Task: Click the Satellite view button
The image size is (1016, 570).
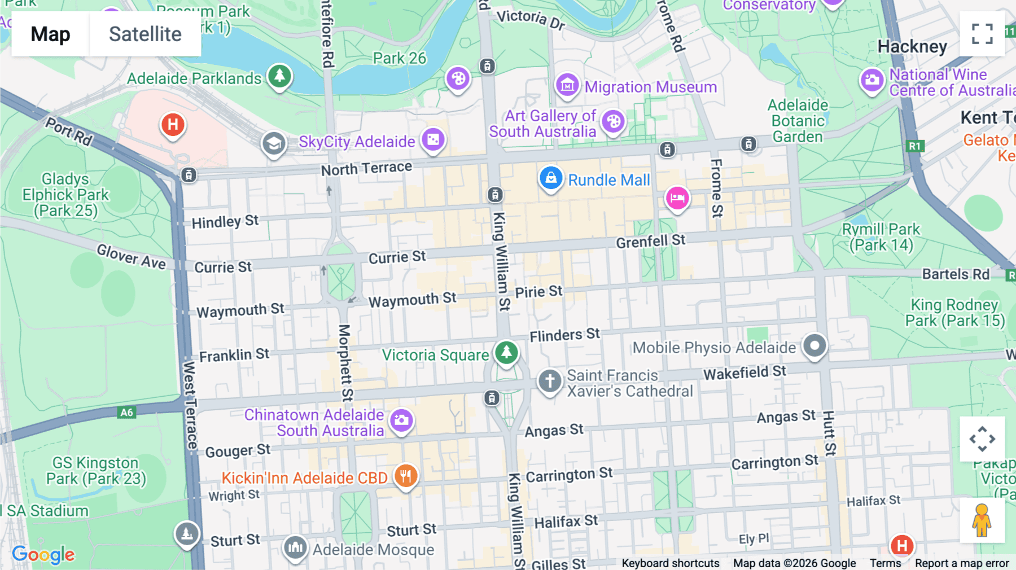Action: [x=145, y=34]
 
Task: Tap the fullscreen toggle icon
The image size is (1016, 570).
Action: [x=982, y=34]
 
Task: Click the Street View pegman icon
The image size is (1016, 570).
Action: [x=982, y=520]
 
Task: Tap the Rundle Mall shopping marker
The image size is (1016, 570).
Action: [x=551, y=178]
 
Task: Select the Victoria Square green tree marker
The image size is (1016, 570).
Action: [x=506, y=353]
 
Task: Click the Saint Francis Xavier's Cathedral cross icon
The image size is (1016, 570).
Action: [x=549, y=381]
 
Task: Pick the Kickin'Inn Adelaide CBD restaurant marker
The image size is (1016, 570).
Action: [x=405, y=476]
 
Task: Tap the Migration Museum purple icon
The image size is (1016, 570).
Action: [x=567, y=86]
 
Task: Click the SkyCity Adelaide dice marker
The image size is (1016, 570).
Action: [x=433, y=139]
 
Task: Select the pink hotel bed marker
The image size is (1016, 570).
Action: [x=677, y=198]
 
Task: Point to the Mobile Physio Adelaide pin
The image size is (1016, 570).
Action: [x=814, y=345]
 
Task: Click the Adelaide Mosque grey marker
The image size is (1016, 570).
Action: [x=295, y=547]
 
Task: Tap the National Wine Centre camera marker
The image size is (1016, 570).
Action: [x=872, y=80]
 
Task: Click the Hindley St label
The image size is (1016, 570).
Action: [x=225, y=221]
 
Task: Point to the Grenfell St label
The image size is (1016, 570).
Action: [x=650, y=242]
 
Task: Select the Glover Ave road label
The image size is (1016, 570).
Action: [x=131, y=256]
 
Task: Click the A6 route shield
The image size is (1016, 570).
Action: [x=126, y=413]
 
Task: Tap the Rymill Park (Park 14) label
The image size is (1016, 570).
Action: [x=881, y=237]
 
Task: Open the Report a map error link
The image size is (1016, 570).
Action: [x=961, y=563]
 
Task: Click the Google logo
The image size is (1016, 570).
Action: [x=43, y=554]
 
